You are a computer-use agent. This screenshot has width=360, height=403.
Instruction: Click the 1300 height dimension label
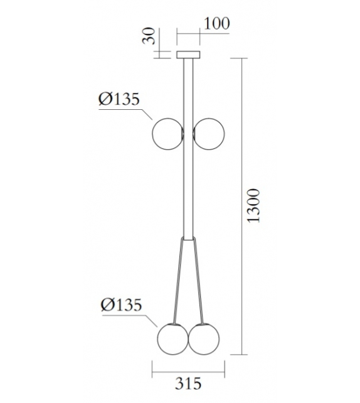(x=253, y=206)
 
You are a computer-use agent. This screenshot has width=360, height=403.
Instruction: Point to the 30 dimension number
(x=149, y=37)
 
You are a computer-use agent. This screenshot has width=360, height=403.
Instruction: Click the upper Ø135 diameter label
(x=119, y=99)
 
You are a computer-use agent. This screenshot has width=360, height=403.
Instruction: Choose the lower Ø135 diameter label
(x=122, y=306)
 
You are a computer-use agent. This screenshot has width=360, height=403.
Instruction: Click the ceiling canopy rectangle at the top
(x=188, y=54)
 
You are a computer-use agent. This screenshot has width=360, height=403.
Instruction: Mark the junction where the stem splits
(x=188, y=240)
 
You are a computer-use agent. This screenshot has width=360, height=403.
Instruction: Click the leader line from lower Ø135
(x=149, y=320)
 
